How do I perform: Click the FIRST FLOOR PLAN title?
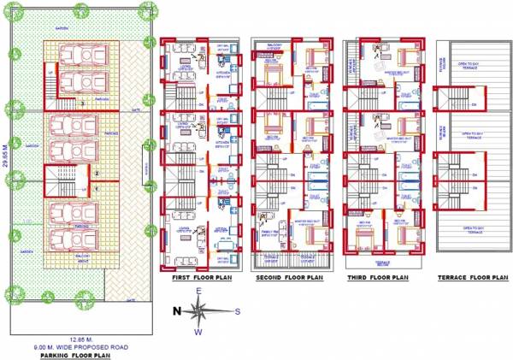pos(201,278)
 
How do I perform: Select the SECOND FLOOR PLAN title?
pos(291,278)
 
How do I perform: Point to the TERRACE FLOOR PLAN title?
pos(472,278)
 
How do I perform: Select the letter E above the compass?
pos(198,292)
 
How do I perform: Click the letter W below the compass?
pos(198,332)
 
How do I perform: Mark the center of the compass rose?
pos(198,312)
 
